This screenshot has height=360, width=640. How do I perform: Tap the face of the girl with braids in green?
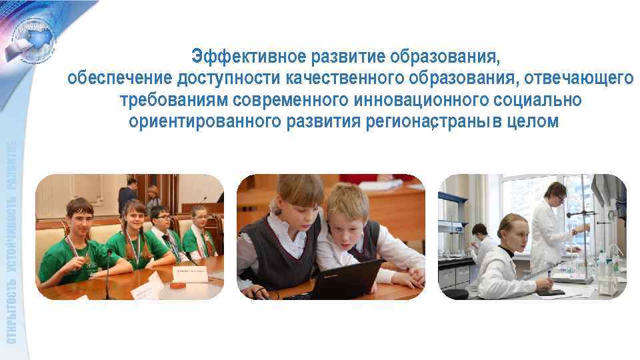click(133, 219)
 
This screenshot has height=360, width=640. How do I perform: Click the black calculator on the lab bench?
click(550, 291)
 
